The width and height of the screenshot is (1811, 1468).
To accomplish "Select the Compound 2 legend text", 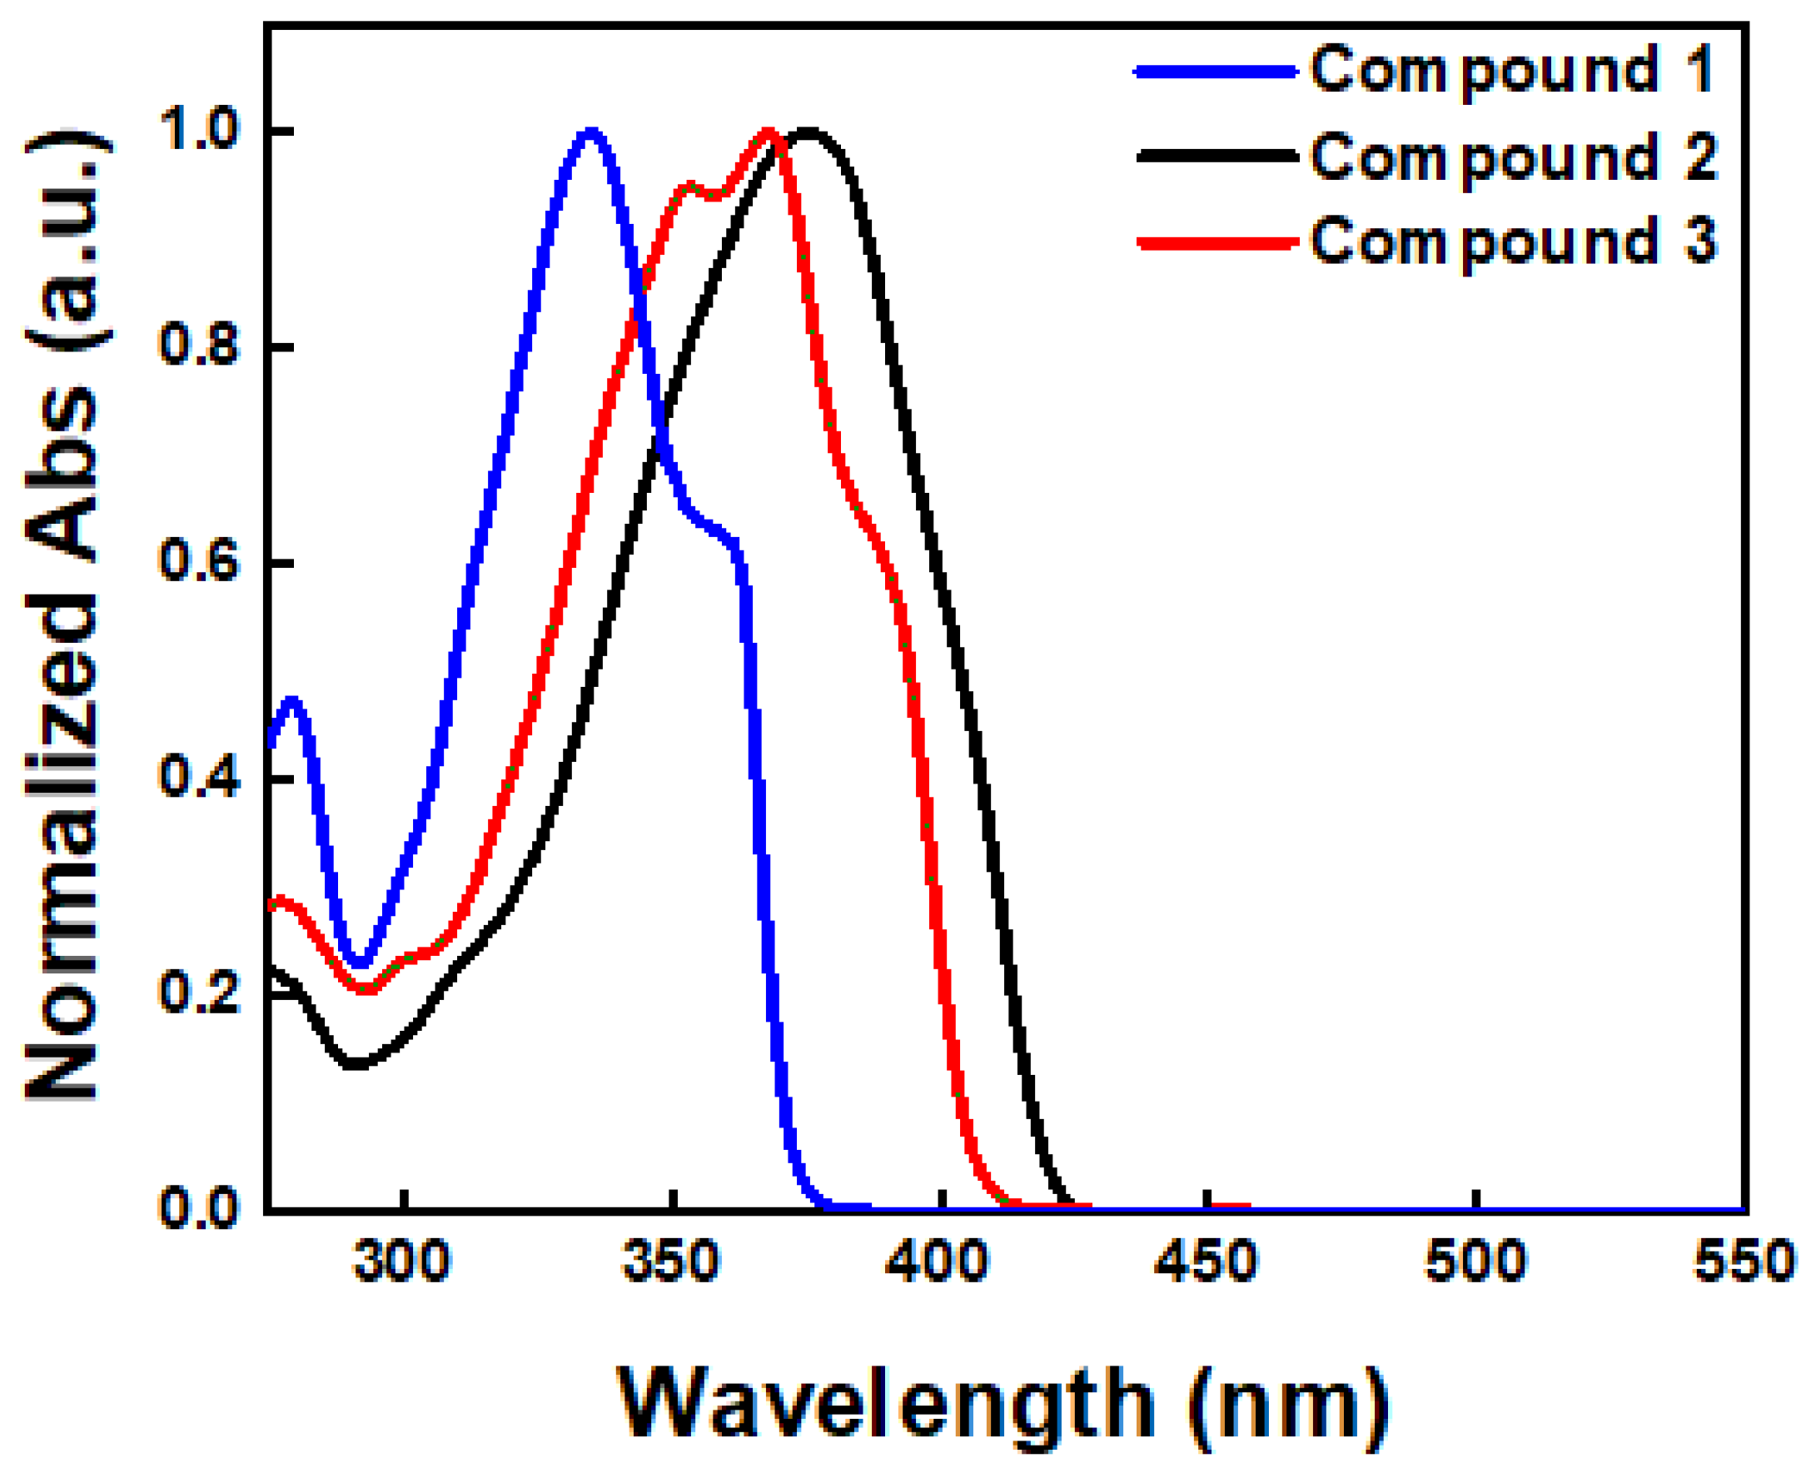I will [1514, 158].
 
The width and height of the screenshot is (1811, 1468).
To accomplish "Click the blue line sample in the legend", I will [1216, 72].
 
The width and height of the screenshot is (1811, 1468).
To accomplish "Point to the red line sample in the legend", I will [1217, 243].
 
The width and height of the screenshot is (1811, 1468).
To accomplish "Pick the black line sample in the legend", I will [1217, 156].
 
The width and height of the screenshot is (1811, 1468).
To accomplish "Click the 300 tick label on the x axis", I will [402, 1261].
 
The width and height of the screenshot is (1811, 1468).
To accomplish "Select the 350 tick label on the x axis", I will [670, 1261].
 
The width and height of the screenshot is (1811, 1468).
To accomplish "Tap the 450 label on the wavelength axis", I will [1207, 1261].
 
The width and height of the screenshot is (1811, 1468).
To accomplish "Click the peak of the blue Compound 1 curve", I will [590, 132].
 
